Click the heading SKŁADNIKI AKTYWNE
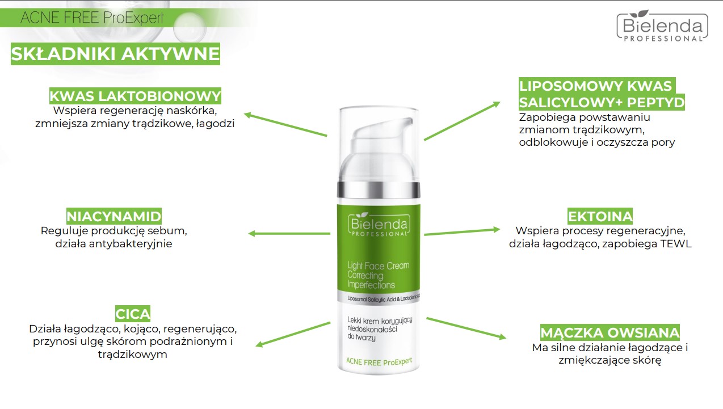click(115, 54)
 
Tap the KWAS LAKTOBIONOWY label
click(135, 96)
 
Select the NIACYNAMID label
click(114, 216)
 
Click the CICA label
click(133, 314)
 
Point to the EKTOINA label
click(600, 216)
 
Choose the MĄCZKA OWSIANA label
click(610, 332)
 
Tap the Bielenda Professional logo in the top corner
click(662, 26)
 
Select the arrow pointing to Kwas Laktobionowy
click(285, 124)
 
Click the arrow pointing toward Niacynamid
click(289, 233)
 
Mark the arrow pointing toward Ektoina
click(462, 232)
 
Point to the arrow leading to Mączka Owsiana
click(466, 328)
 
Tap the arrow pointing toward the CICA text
click(293, 334)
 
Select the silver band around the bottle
click(379, 189)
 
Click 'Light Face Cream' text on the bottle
click(379, 266)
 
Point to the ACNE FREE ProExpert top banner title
click(92, 18)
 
